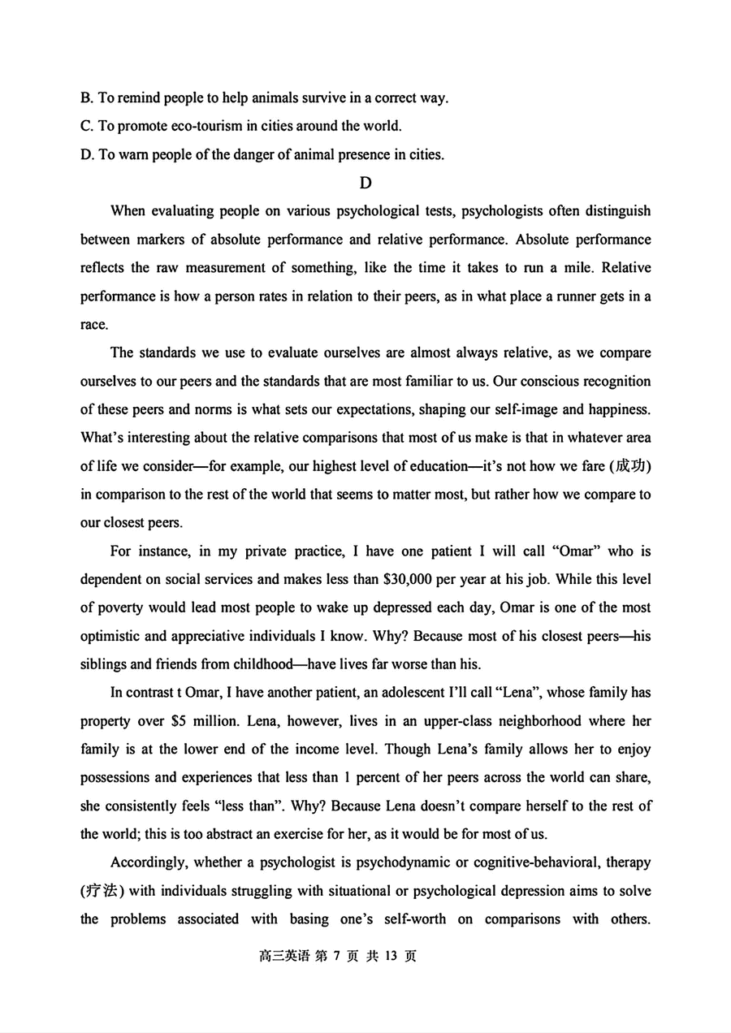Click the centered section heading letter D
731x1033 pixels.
point(365,183)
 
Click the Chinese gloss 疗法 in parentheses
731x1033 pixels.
point(102,891)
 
